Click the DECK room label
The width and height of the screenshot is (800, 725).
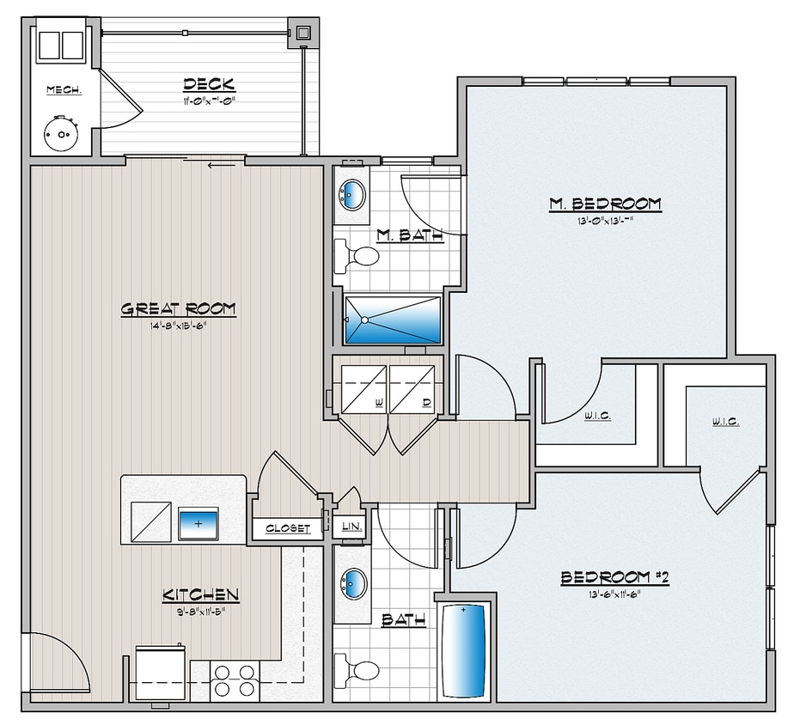(x=209, y=84)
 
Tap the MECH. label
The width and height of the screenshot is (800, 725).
(x=64, y=89)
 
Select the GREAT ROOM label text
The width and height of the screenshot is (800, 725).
(x=178, y=309)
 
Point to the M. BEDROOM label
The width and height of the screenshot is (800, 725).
(x=605, y=204)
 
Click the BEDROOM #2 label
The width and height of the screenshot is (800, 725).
(x=614, y=578)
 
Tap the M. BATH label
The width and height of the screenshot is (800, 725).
(x=410, y=235)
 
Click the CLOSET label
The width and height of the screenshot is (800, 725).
(x=288, y=528)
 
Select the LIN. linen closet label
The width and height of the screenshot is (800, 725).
(x=350, y=527)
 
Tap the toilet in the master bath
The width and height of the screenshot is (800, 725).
(x=361, y=256)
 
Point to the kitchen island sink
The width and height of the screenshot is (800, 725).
(x=198, y=523)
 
